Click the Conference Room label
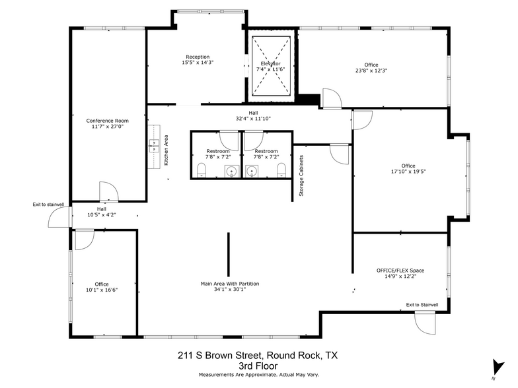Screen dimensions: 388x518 coord(107,125)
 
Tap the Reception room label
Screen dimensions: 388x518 coord(198,59)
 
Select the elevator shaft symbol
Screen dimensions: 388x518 coord(271,66)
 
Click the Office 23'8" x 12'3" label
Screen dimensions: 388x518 coord(371,67)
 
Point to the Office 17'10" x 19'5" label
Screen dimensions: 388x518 coord(408,169)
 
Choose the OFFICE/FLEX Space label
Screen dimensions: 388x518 coord(400,274)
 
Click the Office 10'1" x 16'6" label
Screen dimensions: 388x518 coord(101,288)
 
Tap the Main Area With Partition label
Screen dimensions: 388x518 coord(229,287)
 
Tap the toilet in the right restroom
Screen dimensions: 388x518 coord(281,172)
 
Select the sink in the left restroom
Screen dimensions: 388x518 coord(231,172)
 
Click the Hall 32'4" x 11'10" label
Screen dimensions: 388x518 coord(253,116)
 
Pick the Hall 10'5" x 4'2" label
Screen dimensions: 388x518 coord(101,212)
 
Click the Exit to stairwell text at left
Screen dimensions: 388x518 coord(48,205)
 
